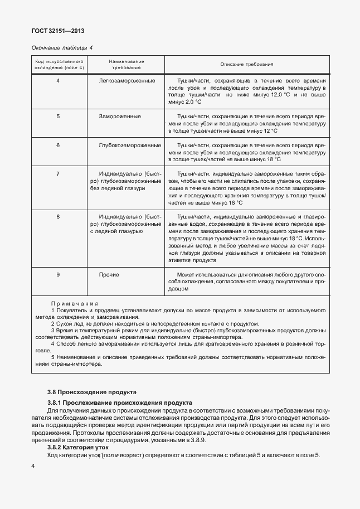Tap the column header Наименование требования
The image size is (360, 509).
[127, 64]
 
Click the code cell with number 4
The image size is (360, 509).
[59, 81]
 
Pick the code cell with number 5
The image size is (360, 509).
[59, 116]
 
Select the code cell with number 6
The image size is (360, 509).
[59, 145]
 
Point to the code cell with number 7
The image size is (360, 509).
[59, 174]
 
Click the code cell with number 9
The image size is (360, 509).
[59, 275]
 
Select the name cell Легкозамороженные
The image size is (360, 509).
[127, 81]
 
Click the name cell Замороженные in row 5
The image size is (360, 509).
[120, 116]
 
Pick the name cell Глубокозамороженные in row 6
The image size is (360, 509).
[129, 145]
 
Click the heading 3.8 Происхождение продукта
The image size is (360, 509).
[91, 392]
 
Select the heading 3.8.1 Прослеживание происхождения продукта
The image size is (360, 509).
[120, 402]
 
